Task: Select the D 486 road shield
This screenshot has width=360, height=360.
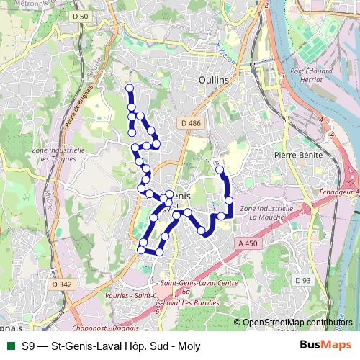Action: tap(192, 123)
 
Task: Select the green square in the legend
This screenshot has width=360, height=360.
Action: tap(9, 346)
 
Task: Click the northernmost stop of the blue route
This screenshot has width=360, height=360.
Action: tap(130, 89)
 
